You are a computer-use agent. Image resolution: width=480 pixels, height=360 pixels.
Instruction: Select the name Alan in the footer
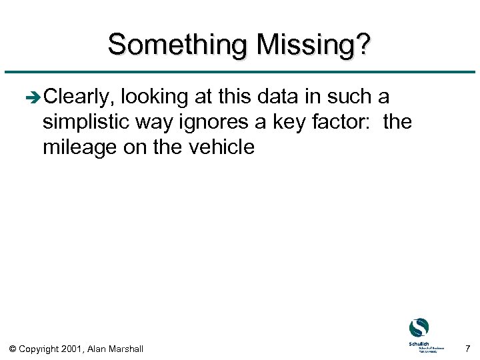tap(100, 348)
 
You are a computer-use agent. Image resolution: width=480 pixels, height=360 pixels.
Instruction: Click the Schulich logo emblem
tap(419, 327)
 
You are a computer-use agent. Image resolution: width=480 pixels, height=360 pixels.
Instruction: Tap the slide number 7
tap(467, 348)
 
